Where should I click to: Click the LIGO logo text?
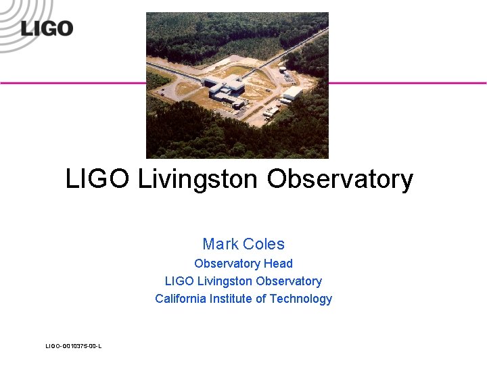pos(47,28)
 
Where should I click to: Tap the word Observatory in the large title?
pos(340,179)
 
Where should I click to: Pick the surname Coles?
pos(263,244)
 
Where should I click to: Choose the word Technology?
pos(301,299)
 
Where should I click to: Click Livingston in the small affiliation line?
pos(225,281)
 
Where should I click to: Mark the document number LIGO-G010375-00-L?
pos(74,346)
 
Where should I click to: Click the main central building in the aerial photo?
pos(226,86)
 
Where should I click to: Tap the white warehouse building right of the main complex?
pos(292,93)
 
